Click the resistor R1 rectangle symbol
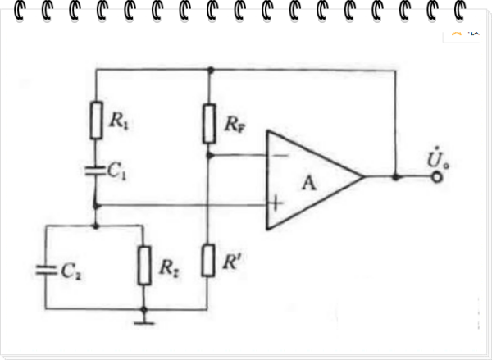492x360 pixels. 96,121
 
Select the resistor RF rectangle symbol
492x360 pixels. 209,124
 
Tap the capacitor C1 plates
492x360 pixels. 96,171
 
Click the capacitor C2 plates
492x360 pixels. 46,271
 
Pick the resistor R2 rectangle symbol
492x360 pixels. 144,266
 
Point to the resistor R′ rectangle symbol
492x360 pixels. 208,261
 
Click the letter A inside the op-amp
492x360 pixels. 309,184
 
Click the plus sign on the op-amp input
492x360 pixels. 276,203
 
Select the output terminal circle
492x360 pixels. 437,177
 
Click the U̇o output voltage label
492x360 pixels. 438,158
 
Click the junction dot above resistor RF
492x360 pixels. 211,70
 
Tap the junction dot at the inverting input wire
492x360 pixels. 210,155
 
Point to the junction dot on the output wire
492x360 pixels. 396,177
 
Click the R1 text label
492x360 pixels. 119,121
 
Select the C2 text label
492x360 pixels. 71,271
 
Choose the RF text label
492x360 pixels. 235,125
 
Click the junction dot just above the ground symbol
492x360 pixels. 143,310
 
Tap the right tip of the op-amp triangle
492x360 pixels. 364,177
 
